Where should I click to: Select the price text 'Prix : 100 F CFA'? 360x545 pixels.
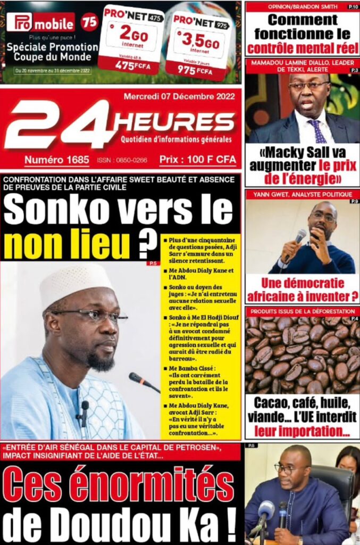(197, 159)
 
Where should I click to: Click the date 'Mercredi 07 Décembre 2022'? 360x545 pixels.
(179, 97)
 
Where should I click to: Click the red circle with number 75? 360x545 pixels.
(90, 22)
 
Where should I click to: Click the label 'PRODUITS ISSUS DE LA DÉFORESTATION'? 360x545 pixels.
(303, 311)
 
